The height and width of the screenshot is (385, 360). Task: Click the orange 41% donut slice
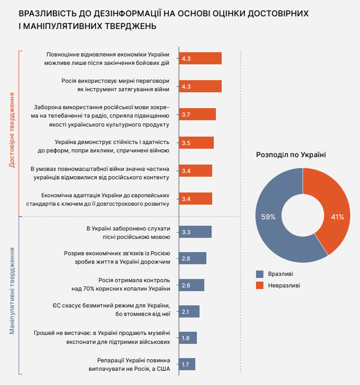(333, 211)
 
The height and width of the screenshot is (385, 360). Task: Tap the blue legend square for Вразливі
(259, 274)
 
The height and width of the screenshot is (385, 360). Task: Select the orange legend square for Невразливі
(259, 285)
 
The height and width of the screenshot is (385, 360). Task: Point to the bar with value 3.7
(197, 114)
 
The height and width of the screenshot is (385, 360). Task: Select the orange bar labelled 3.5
(196, 143)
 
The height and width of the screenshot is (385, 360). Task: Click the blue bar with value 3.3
(195, 232)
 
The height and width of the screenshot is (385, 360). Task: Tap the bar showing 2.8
(193, 258)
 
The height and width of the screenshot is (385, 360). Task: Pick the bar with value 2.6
(192, 285)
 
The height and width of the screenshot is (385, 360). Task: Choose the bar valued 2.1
(190, 311)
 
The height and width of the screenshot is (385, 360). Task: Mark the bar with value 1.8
(188, 338)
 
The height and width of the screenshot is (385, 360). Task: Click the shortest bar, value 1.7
(187, 364)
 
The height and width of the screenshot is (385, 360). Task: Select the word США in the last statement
(163, 368)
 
